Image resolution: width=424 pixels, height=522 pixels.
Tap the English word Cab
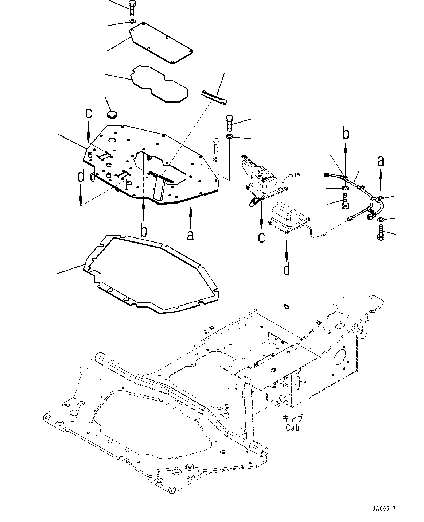[292, 428]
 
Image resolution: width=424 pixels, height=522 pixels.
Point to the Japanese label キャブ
[292, 418]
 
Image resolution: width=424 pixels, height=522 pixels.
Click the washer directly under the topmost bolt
[132, 22]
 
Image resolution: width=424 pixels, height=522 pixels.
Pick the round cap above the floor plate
[112, 115]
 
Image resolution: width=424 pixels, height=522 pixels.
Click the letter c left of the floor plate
[88, 113]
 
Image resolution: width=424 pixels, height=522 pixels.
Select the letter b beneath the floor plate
[144, 231]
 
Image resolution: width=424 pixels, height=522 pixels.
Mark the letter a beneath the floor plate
[190, 236]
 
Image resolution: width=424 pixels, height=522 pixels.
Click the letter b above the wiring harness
[345, 134]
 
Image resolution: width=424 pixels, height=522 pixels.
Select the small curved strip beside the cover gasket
[214, 97]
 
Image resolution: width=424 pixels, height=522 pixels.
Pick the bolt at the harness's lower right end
[380, 233]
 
